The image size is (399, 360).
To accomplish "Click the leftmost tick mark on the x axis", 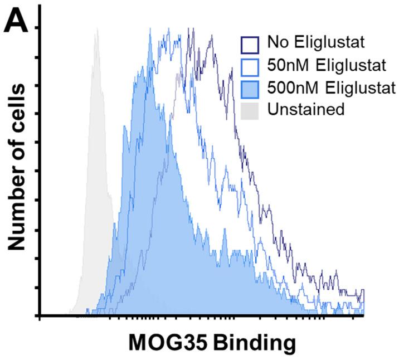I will coord(39,319).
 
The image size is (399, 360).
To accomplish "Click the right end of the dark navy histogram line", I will coord(363,291).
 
